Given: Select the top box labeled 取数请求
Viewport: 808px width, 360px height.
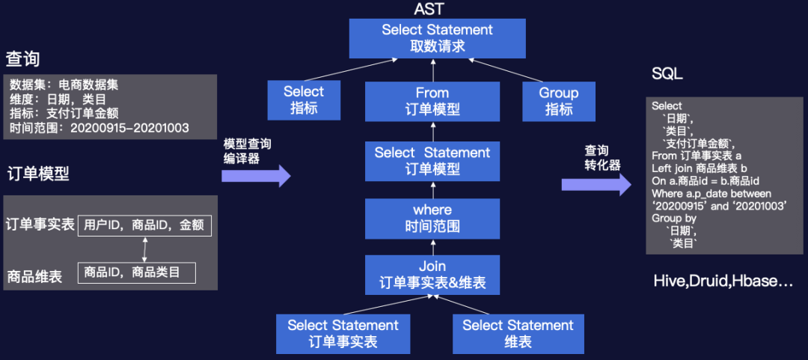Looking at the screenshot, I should pyautogui.click(x=437, y=38).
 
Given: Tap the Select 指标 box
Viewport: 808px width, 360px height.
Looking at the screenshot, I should pyautogui.click(x=304, y=100).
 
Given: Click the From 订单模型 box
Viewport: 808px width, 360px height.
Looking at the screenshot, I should pyautogui.click(x=432, y=101).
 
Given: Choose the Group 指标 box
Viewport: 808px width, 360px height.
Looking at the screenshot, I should pyautogui.click(x=558, y=100).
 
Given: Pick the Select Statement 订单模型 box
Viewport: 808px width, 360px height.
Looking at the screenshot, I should pyautogui.click(x=432, y=161).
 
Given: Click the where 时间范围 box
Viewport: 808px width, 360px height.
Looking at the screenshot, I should pyautogui.click(x=432, y=217).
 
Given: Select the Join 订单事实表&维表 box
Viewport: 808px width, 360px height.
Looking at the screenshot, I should pyautogui.click(x=432, y=275).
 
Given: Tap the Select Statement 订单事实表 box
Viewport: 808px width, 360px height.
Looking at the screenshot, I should pyautogui.click(x=343, y=334).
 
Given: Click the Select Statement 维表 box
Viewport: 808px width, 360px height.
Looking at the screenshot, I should pyautogui.click(x=518, y=334).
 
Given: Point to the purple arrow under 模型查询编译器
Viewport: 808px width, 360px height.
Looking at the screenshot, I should pyautogui.click(x=255, y=176).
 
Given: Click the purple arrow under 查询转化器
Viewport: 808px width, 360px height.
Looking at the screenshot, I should pyautogui.click(x=596, y=183).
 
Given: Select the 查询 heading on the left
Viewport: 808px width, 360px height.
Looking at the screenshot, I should pyautogui.click(x=23, y=58).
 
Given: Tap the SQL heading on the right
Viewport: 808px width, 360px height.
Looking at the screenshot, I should pyautogui.click(x=667, y=73).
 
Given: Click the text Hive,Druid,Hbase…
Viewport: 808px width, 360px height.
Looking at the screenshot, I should pyautogui.click(x=723, y=281).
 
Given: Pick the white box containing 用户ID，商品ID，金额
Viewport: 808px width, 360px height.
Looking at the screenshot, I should pyautogui.click(x=145, y=225).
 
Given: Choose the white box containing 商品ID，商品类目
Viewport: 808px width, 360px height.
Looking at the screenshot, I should pyautogui.click(x=136, y=272).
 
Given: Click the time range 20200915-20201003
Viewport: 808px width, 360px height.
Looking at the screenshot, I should pyautogui.click(x=129, y=128).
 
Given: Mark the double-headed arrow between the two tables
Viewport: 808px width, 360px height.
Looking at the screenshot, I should pyautogui.click(x=144, y=248).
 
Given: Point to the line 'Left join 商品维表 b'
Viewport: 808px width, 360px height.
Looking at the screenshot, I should pyautogui.click(x=700, y=168).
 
